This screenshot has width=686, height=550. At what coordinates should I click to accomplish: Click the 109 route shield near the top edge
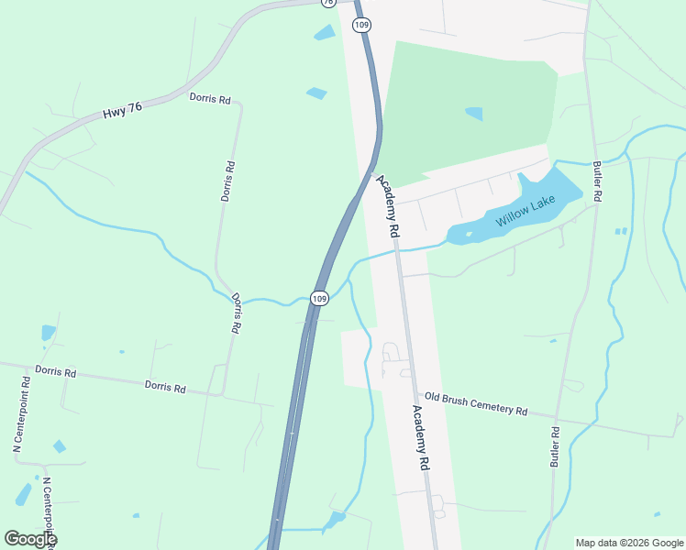[x=363, y=25]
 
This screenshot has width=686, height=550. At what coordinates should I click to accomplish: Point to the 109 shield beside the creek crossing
[x=318, y=299]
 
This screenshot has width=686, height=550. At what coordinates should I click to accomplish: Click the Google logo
[x=29, y=539]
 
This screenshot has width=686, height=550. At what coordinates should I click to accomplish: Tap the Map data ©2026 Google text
[x=629, y=543]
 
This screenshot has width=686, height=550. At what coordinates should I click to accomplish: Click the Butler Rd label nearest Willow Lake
[x=597, y=181]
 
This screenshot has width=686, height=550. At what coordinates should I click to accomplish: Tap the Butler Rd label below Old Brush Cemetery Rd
[x=555, y=446]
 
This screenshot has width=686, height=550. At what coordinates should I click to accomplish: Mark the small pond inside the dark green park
[x=474, y=114]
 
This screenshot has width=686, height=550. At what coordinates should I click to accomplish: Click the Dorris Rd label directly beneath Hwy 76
[x=210, y=98]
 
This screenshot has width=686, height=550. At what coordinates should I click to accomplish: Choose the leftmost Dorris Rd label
[x=55, y=372]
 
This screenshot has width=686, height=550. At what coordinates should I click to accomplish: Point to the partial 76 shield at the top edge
[x=327, y=3]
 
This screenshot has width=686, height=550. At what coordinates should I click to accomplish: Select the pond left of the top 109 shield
[x=325, y=33]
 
